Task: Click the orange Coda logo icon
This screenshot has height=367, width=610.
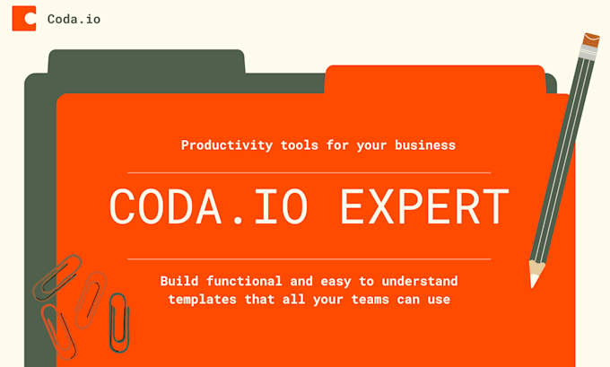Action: [24, 18]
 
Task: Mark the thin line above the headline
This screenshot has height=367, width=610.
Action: [309, 171]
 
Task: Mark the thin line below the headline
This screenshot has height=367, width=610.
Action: [309, 258]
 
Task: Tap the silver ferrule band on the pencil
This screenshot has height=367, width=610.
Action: [586, 57]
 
